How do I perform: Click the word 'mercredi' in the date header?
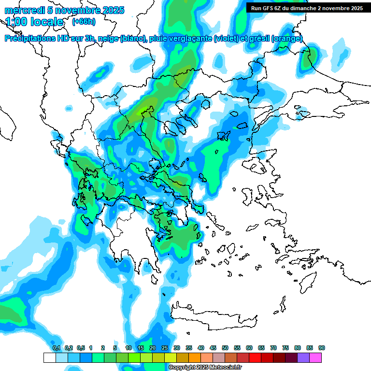[21, 10]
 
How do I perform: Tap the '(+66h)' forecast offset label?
[83, 22]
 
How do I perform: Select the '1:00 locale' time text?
[35, 22]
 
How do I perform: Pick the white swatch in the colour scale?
[49, 357]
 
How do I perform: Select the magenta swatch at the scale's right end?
[315, 357]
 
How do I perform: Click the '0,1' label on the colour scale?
[56, 348]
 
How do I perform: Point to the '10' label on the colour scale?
[128, 348]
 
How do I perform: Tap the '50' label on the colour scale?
[225, 348]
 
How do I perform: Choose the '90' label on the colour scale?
[322, 348]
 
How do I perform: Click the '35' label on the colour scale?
[189, 348]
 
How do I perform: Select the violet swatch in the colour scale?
[303, 357]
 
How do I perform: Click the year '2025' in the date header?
[110, 10]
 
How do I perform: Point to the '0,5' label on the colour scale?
[80, 348]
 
